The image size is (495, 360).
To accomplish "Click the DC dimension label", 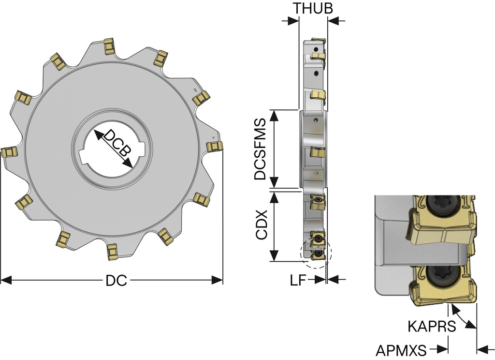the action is point(116,280).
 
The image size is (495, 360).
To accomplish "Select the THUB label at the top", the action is point(313,8).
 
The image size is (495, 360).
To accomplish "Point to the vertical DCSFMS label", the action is point(261,149).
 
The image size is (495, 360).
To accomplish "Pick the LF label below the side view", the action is point(298,280).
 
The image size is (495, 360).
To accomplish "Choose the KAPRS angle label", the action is point(432,326).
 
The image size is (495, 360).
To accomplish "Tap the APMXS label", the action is point(401,350).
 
